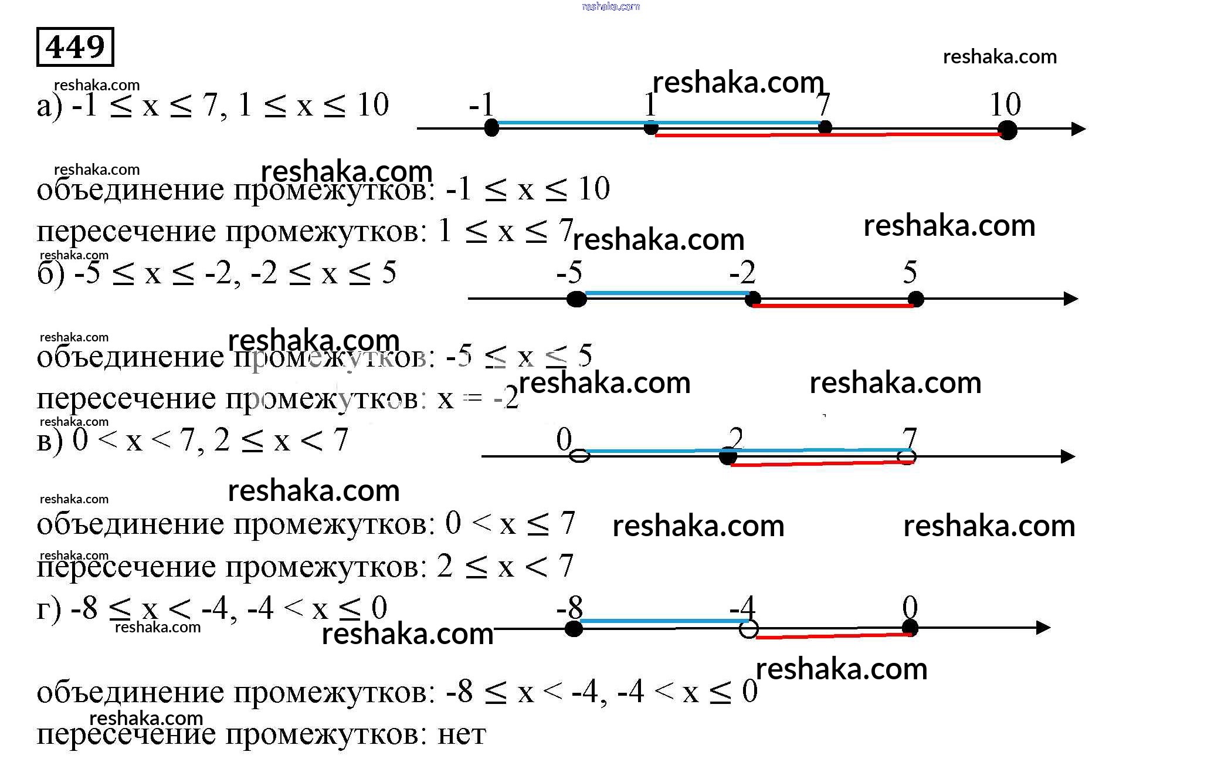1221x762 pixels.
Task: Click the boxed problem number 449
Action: click(x=75, y=47)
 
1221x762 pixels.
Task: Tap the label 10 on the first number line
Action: click(x=1005, y=104)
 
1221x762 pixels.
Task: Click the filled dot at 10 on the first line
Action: click(x=1007, y=130)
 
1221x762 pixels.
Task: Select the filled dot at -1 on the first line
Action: click(x=491, y=127)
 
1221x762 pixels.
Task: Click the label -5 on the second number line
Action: click(x=569, y=272)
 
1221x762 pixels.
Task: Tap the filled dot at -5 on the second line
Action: click(x=577, y=299)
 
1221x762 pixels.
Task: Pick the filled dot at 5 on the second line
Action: click(x=915, y=299)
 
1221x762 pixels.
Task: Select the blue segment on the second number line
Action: click(x=666, y=293)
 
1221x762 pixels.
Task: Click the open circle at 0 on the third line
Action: click(x=579, y=456)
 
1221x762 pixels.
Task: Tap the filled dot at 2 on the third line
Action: click(x=728, y=456)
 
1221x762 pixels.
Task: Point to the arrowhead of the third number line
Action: click(x=1068, y=456)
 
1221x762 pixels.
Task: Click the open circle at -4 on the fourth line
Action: click(x=748, y=629)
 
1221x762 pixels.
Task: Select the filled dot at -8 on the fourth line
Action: click(x=574, y=629)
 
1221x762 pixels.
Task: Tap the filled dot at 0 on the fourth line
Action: click(x=910, y=628)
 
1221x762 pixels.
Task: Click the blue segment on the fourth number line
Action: click(x=660, y=621)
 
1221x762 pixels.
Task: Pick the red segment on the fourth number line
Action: click(x=833, y=636)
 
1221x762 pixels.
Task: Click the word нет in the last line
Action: click(x=462, y=734)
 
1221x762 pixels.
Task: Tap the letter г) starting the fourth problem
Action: click(x=49, y=609)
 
